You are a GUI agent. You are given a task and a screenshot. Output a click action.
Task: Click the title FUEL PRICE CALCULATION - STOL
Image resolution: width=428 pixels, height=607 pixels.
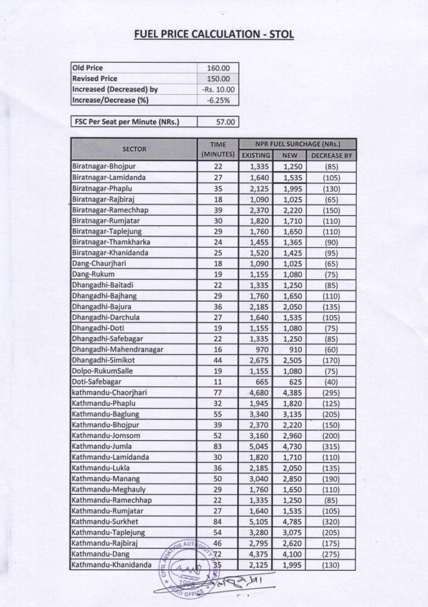click(x=214, y=34)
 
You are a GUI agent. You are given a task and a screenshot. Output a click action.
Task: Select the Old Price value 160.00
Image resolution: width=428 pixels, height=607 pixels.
click(x=218, y=68)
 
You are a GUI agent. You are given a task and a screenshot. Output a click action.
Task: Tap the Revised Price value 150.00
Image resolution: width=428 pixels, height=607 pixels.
click(x=218, y=78)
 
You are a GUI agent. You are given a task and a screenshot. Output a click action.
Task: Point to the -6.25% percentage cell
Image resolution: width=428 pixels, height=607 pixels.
click(x=218, y=100)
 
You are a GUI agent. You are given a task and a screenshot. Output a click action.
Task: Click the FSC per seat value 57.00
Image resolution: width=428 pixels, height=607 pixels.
click(x=218, y=122)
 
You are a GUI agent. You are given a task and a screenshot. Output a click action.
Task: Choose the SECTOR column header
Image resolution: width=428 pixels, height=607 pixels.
click(x=134, y=149)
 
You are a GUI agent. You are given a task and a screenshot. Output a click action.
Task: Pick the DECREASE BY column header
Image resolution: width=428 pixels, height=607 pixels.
click(x=331, y=155)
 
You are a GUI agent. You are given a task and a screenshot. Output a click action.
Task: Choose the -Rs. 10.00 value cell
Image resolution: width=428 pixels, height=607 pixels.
click(x=218, y=90)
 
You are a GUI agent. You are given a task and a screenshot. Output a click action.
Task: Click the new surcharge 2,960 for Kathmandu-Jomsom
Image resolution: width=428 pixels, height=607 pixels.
click(x=289, y=435)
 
